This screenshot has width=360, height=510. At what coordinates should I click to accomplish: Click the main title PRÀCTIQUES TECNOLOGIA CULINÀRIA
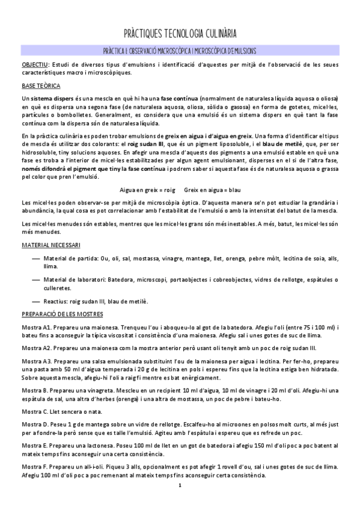coord(180,32)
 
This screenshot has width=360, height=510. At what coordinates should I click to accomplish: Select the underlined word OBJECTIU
coord(35,64)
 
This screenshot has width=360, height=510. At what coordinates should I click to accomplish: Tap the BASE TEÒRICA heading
coord(40,85)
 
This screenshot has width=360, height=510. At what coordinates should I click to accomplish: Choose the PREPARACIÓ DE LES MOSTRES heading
coord(62,314)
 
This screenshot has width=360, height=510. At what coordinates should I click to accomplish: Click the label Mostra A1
coord(35,328)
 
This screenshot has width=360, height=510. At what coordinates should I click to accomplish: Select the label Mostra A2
coord(35,348)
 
